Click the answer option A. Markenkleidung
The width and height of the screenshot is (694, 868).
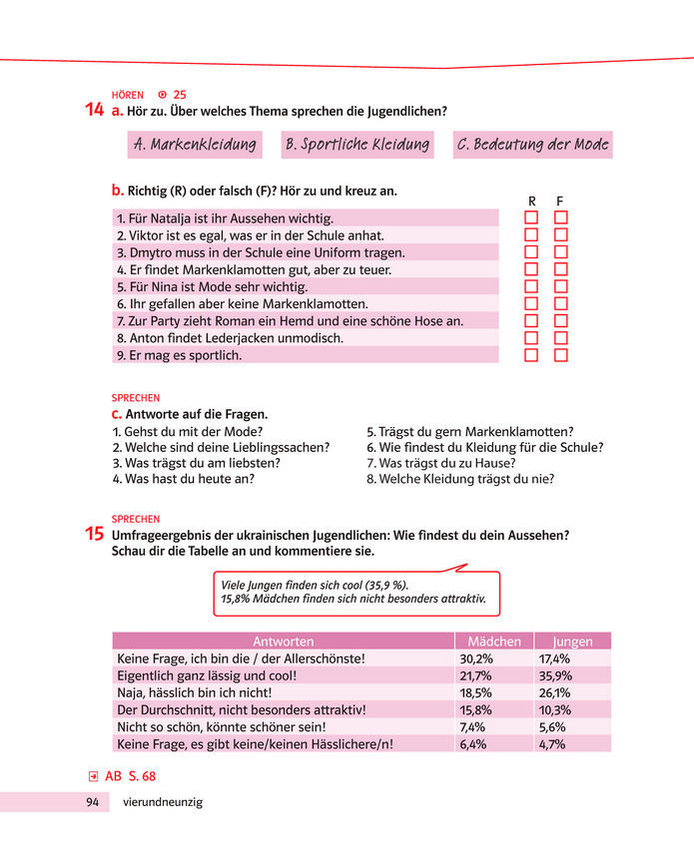tap(195, 145)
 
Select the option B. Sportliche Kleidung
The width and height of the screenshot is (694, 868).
tap(356, 145)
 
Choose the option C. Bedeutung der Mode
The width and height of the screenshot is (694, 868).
tap(532, 145)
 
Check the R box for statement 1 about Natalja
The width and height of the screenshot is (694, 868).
tap(531, 217)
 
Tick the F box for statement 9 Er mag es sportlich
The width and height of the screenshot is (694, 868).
tap(561, 354)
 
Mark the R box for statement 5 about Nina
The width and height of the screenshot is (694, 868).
tap(531, 286)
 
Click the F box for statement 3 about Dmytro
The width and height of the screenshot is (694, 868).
tap(561, 251)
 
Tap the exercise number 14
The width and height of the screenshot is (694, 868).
tap(95, 111)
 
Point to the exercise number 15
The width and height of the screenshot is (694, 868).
tap(95, 535)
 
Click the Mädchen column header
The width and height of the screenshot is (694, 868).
tap(493, 642)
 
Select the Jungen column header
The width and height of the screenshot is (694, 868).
tap(572, 642)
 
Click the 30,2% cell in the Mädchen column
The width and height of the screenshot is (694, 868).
tap(476, 658)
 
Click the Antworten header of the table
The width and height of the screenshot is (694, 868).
tap(284, 642)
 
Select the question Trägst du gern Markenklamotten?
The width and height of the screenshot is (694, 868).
tap(469, 431)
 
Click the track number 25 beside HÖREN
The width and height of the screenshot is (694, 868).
tap(180, 95)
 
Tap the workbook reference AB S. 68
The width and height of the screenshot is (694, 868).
tap(130, 775)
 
